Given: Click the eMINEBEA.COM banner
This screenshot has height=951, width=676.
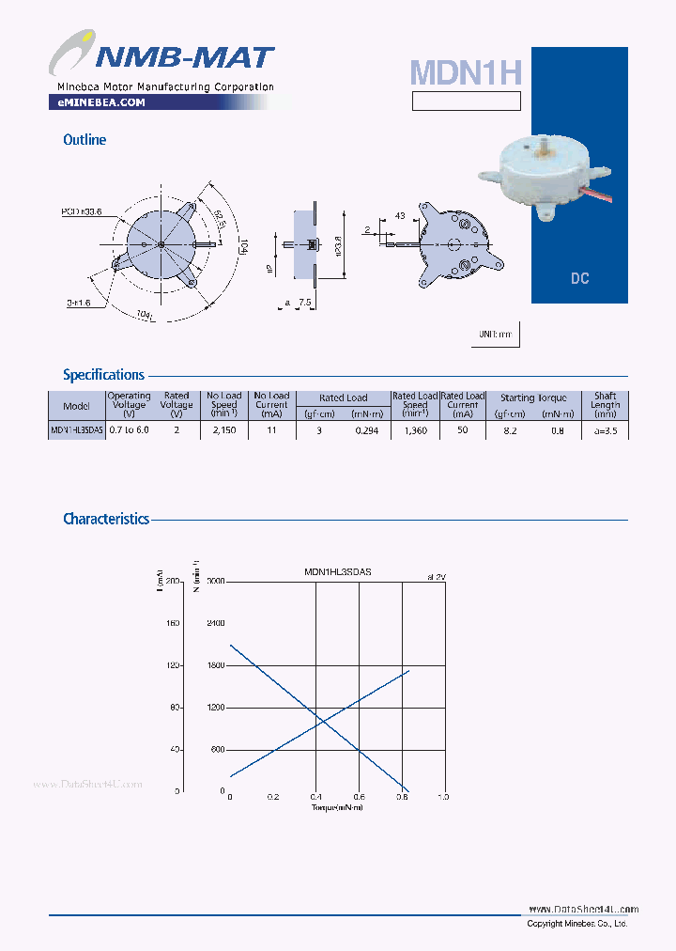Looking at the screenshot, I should (96, 102).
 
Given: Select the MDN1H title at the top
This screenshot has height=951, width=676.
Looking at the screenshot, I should (465, 72).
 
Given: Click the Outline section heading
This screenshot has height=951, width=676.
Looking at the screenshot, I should (84, 140).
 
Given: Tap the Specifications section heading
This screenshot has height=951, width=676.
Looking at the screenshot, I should (103, 375).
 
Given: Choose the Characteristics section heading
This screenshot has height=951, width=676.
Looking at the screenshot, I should (105, 519).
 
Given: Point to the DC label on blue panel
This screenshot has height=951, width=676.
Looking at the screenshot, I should (579, 279).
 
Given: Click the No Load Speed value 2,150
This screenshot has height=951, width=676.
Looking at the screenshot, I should (224, 429).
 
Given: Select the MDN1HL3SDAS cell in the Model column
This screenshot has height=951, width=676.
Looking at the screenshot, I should (76, 429).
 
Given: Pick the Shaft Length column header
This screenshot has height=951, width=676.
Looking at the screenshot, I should (605, 405).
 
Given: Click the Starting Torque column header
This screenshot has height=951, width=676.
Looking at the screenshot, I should (533, 398).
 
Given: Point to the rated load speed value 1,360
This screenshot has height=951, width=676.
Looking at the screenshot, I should (414, 429).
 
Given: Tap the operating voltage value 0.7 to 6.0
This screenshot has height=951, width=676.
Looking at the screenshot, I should (129, 429).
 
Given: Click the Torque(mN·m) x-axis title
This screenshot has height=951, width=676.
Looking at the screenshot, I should (337, 807).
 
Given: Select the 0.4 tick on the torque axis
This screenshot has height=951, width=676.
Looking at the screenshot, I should (316, 797).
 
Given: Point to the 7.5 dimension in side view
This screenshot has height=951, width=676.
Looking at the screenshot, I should (305, 303).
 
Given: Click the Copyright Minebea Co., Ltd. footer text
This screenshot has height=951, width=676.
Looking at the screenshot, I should (576, 924).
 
